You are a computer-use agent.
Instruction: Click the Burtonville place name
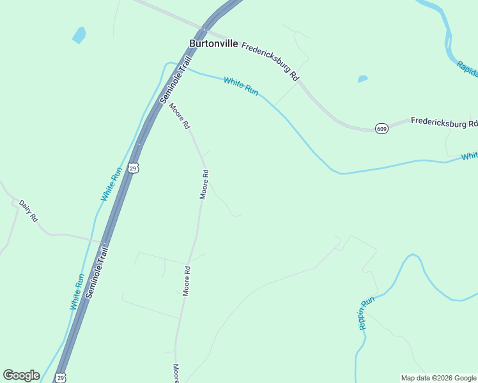(213, 44)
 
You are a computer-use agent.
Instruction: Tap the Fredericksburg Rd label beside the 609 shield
(444, 122)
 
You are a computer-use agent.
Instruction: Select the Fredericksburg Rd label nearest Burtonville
(270, 61)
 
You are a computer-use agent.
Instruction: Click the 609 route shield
(382, 128)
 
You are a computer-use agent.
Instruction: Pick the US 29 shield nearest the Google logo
(59, 377)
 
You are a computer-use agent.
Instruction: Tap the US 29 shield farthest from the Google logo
(132, 167)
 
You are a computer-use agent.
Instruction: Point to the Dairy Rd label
(29, 211)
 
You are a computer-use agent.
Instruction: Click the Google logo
(21, 375)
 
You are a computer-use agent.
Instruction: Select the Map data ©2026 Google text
(438, 378)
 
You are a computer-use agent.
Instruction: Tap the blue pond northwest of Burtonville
(79, 34)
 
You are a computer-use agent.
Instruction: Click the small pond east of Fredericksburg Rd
(362, 79)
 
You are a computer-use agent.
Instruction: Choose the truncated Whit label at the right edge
(470, 156)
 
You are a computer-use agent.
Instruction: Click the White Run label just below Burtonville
(241, 86)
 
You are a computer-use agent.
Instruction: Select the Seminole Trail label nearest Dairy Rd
(98, 273)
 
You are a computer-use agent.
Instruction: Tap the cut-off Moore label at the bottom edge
(176, 373)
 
